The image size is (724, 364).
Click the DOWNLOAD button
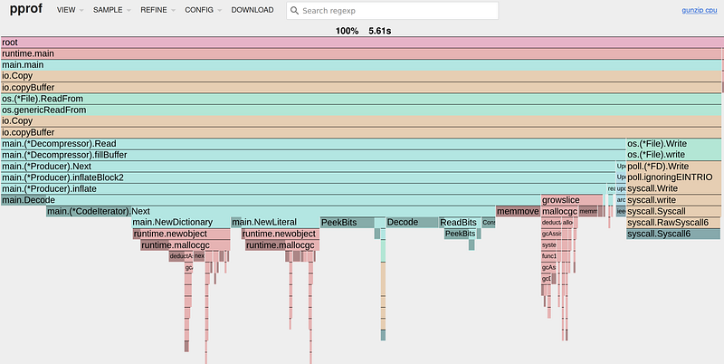point(252,10)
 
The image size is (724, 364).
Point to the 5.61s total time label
point(380,30)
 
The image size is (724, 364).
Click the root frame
point(361,43)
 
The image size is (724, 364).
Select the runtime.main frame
point(361,53)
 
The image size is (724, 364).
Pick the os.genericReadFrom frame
point(361,110)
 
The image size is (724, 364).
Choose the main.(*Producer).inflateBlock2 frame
point(308,177)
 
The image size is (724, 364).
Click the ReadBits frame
point(459,223)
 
